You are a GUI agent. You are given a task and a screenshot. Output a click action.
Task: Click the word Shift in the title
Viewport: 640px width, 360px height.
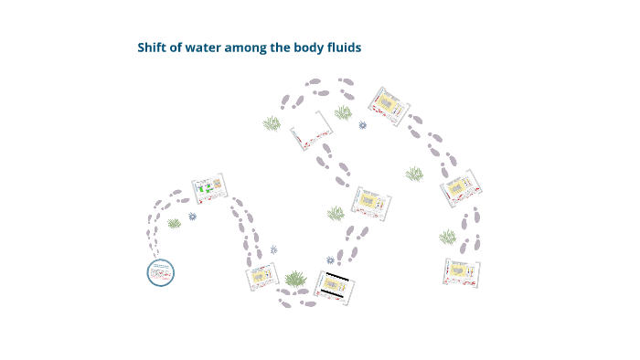click(x=152, y=48)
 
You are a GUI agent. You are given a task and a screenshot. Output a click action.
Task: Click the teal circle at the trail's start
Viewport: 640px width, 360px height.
click(x=160, y=271)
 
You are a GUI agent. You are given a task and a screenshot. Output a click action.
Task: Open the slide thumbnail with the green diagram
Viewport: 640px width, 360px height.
click(x=209, y=190)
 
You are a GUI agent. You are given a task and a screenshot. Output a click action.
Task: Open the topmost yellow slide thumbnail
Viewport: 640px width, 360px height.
click(x=389, y=106)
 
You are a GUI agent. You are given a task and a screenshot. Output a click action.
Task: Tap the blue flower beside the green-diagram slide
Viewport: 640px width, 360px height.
click(x=192, y=217)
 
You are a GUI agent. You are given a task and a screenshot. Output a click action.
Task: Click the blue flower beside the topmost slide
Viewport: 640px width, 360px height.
click(x=363, y=125)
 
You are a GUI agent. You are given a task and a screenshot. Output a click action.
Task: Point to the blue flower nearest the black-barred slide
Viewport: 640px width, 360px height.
click(x=273, y=249)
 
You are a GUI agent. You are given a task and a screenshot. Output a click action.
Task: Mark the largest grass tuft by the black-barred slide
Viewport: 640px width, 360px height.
click(x=294, y=278)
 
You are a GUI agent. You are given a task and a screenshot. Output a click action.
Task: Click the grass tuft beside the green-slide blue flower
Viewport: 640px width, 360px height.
click(x=174, y=223)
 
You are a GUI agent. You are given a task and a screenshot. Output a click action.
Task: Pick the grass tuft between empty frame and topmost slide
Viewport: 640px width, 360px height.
click(x=343, y=112)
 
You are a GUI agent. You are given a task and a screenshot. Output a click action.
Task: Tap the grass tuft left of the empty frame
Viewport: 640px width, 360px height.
click(x=272, y=123)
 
